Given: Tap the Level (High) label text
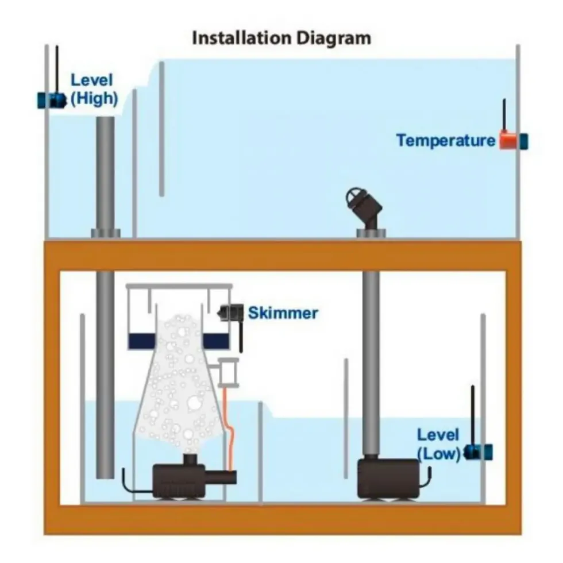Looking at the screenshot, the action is [x=94, y=90].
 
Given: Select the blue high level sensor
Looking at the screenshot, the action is [x=52, y=101].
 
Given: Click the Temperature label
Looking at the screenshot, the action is [x=446, y=140].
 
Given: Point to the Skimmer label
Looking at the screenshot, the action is [x=283, y=313].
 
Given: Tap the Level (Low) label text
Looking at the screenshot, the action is [x=438, y=445].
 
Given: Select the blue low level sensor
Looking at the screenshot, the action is [x=479, y=453].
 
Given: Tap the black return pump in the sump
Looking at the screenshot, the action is [x=388, y=479].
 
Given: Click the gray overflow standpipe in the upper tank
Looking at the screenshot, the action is [x=105, y=176].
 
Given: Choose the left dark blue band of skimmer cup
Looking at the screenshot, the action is [x=142, y=341].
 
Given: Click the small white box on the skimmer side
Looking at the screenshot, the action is [x=229, y=373].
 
